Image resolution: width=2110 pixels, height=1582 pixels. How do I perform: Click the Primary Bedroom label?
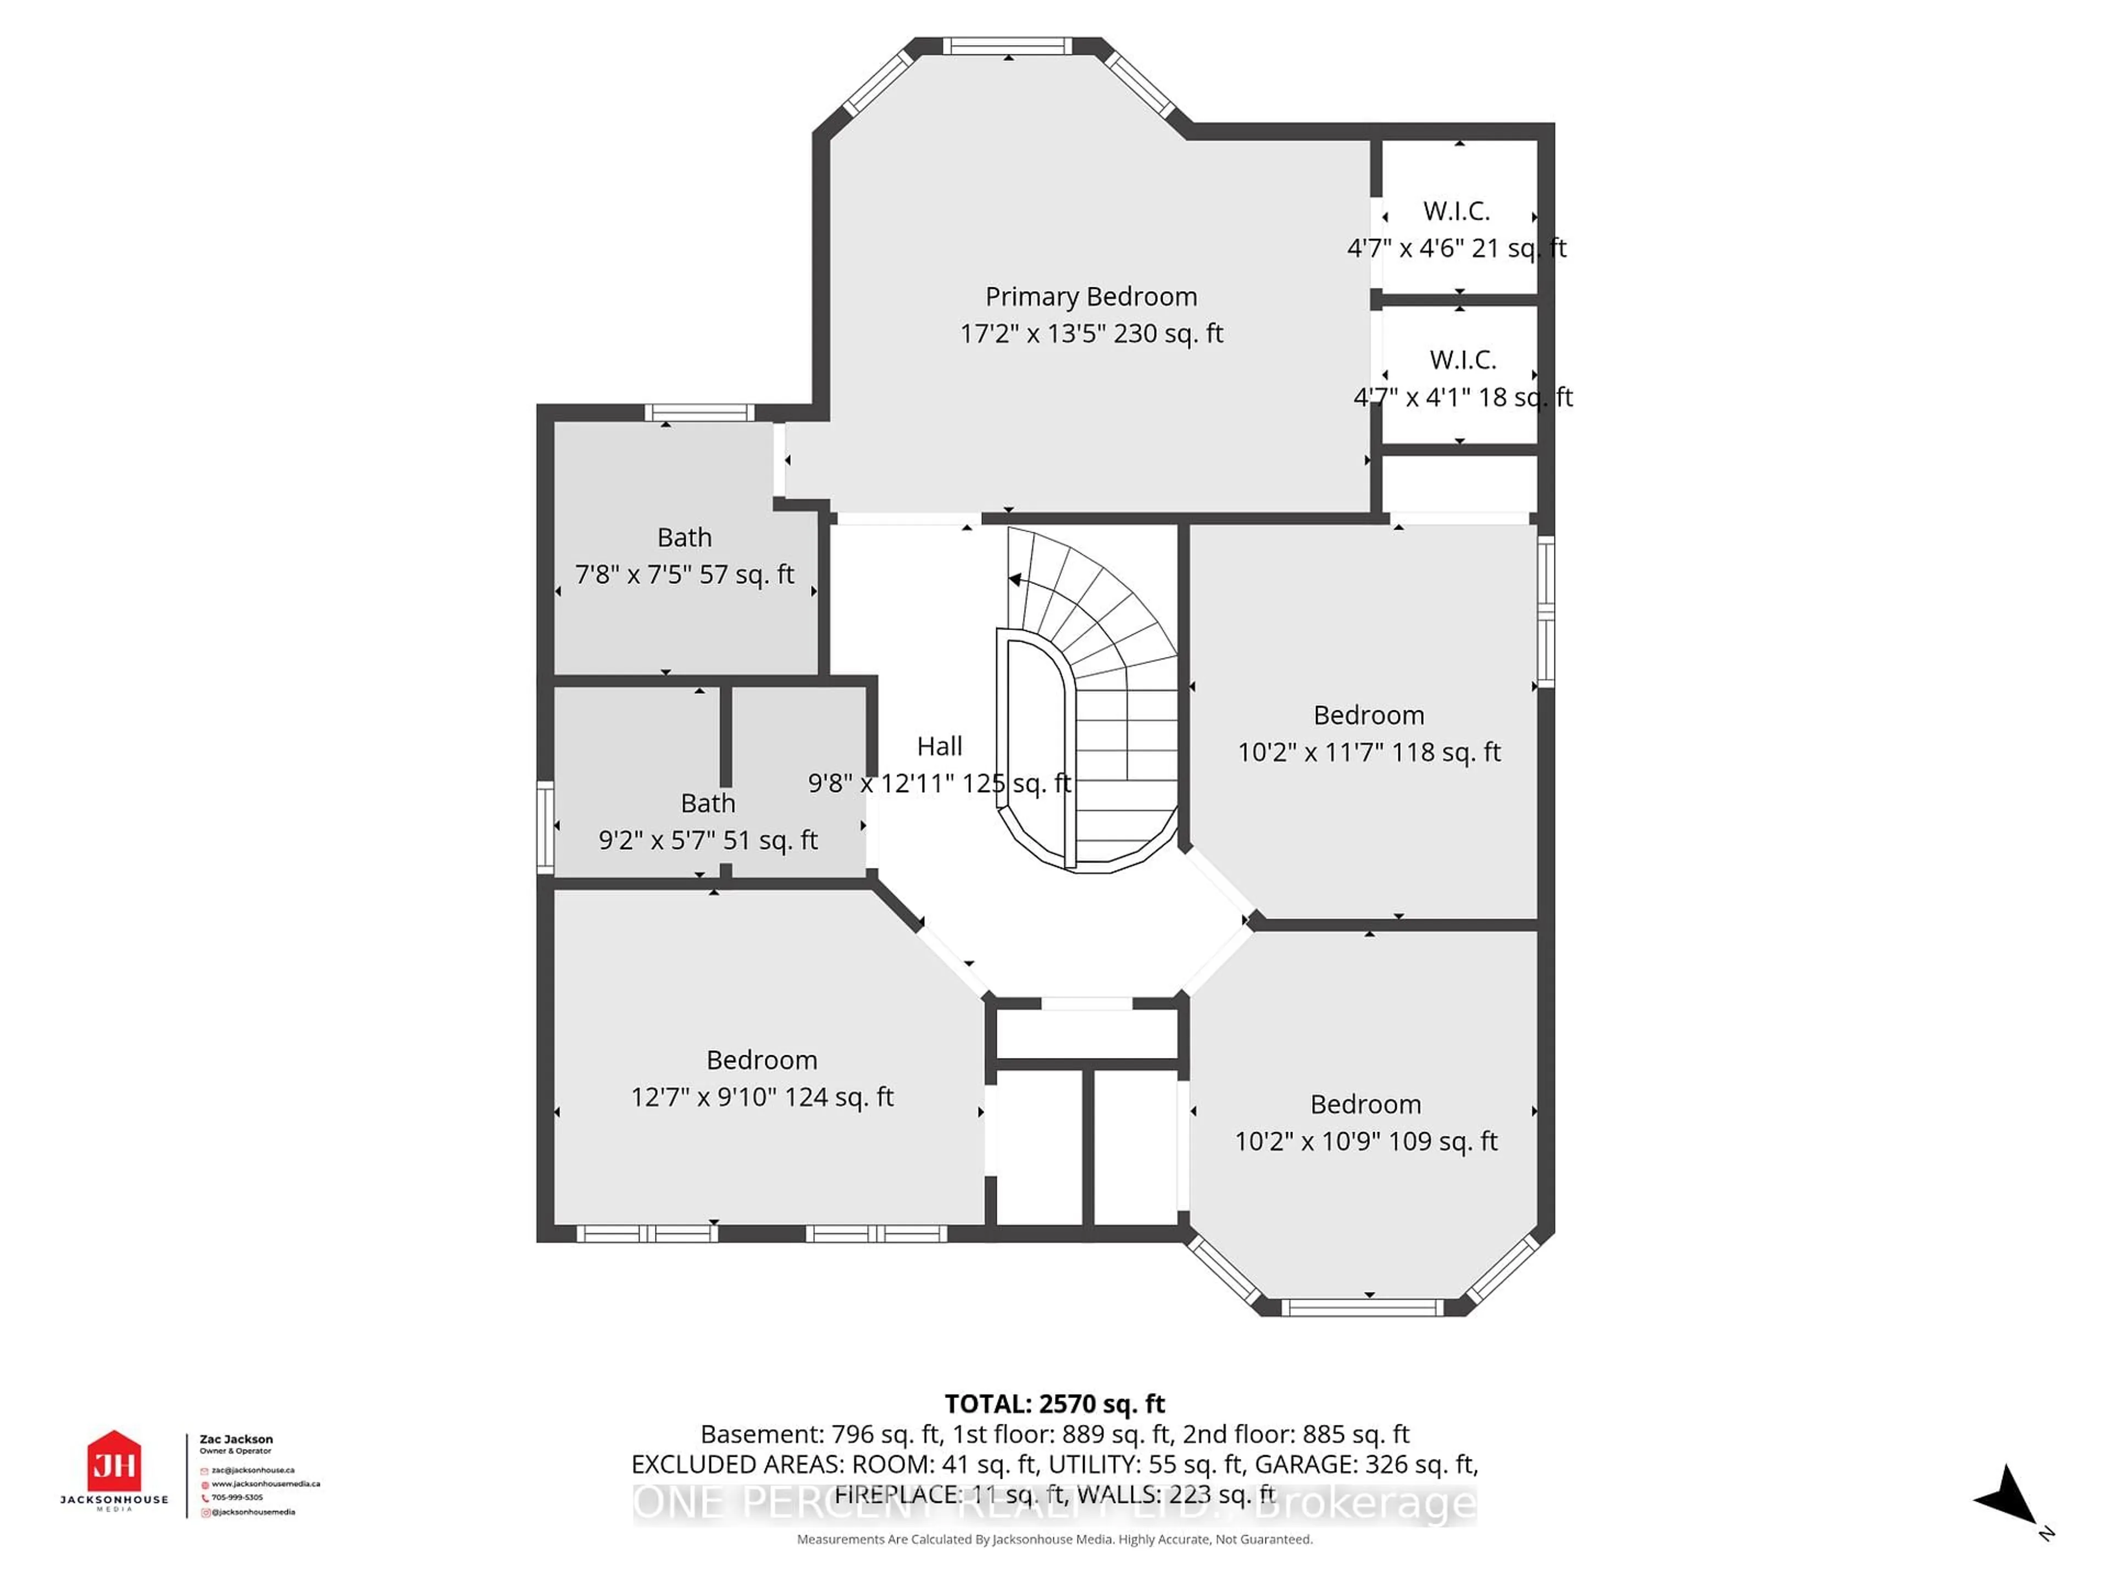1090,297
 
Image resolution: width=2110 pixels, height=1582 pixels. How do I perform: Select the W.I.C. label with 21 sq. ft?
1456,211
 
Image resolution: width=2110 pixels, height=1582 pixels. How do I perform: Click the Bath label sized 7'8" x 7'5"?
684,538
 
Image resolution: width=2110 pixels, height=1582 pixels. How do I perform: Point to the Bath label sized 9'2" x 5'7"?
707,803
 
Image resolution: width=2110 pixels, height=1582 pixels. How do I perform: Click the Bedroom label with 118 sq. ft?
1368,715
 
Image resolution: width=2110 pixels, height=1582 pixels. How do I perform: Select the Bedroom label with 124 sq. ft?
761,1060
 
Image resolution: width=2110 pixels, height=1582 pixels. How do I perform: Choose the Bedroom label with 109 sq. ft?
1365,1104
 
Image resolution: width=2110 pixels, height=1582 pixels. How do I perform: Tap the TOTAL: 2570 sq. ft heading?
1054,1403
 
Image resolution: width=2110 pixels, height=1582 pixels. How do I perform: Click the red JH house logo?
114,1462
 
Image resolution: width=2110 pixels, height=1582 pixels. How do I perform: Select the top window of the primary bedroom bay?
1007,46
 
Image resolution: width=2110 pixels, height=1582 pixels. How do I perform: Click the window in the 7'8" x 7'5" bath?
699,413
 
